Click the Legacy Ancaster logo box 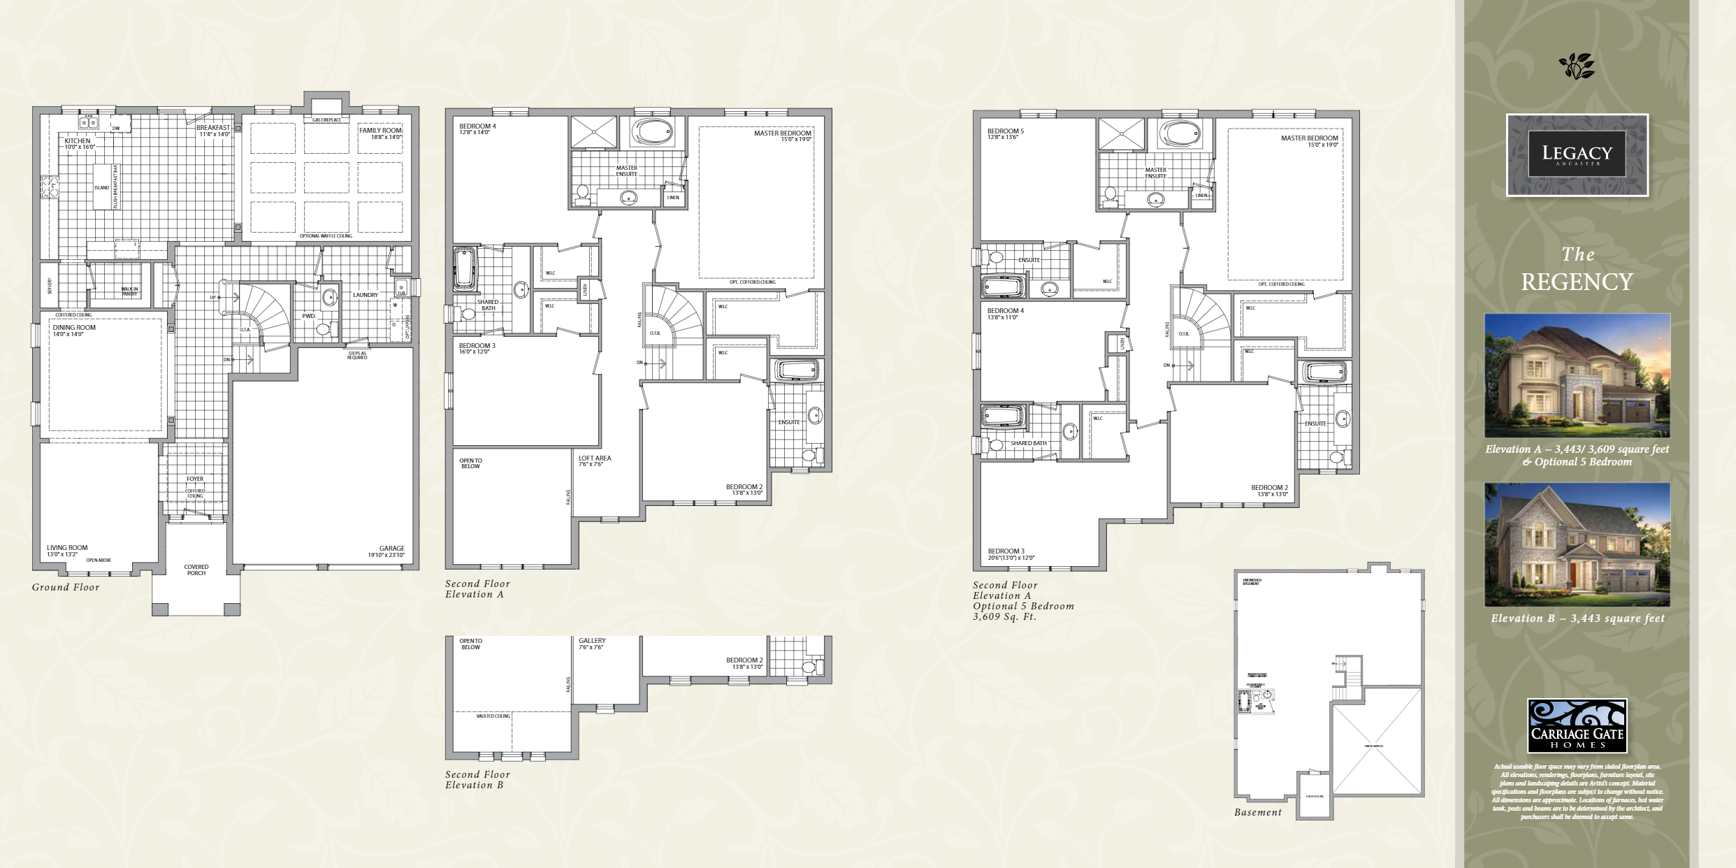(x=1577, y=154)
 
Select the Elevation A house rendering (x=1577, y=376)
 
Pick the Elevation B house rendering (x=1577, y=544)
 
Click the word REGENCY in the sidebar (x=1577, y=282)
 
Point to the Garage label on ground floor (x=391, y=549)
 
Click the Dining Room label (x=74, y=328)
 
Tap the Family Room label (x=380, y=131)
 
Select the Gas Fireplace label (x=326, y=120)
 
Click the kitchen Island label (x=102, y=187)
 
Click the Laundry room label (x=365, y=295)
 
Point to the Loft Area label (x=595, y=458)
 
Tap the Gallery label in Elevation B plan (x=592, y=641)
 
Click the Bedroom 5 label (x=1005, y=131)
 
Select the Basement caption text (x=1257, y=812)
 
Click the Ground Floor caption (x=66, y=587)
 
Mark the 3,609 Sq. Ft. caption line (x=1004, y=616)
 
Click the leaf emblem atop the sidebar (x=1577, y=66)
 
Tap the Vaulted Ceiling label (x=493, y=716)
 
